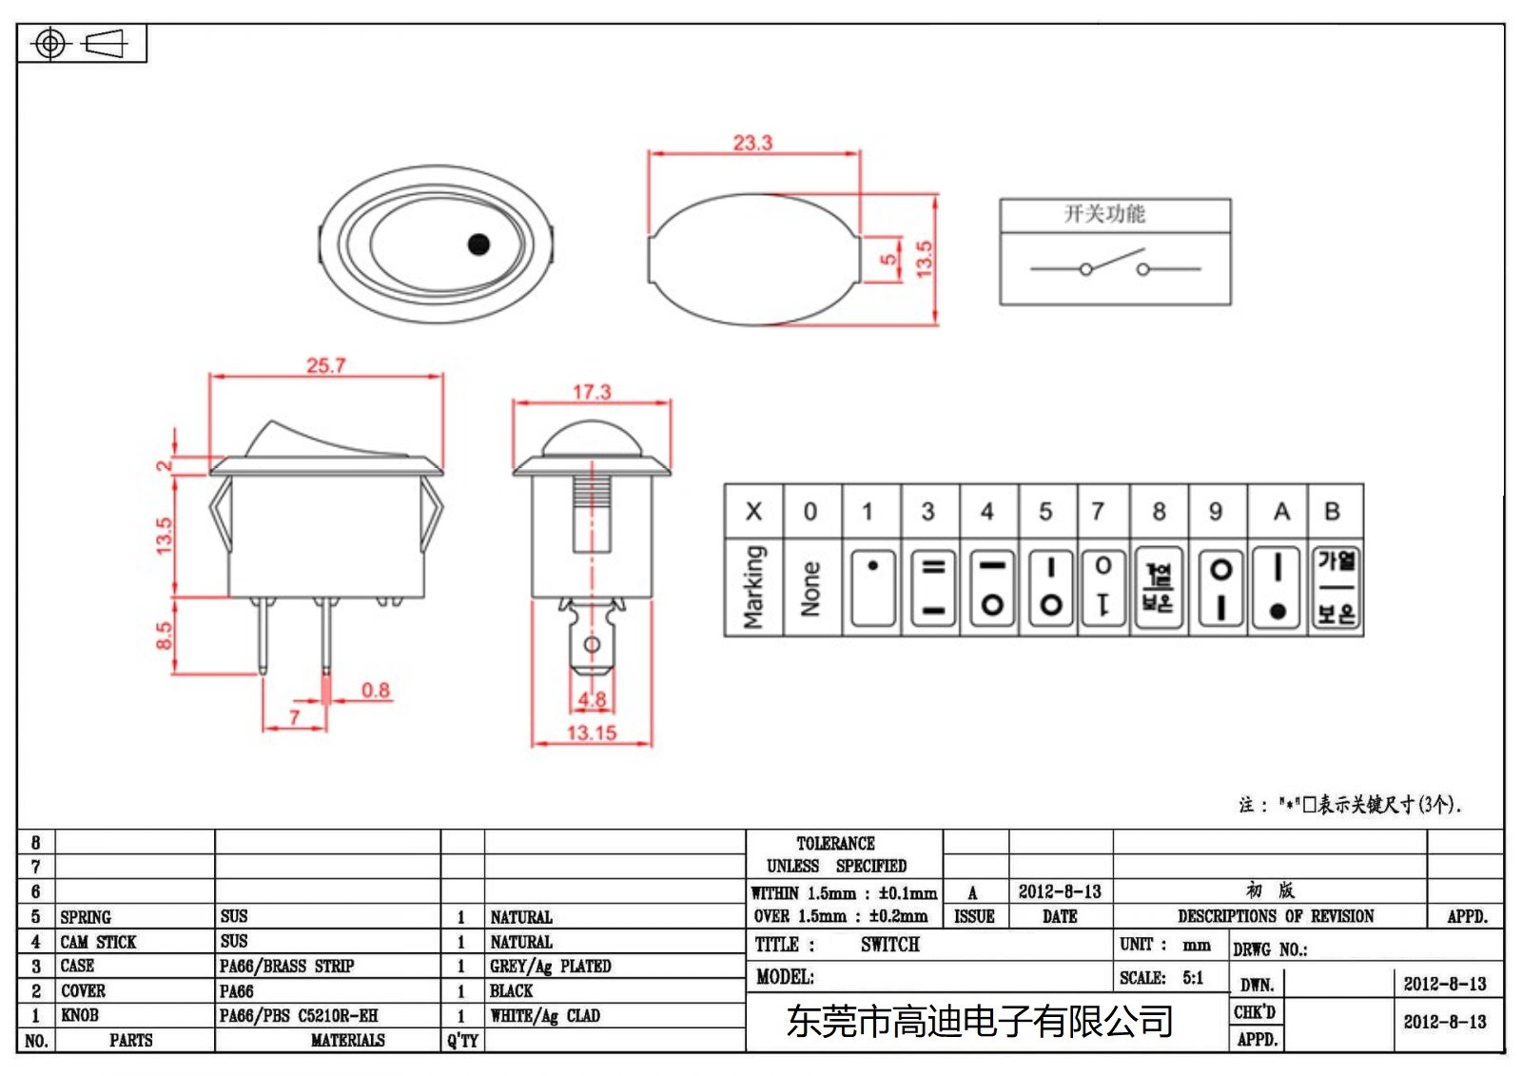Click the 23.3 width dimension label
tap(751, 143)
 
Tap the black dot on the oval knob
tap(478, 245)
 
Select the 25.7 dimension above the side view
tap(325, 365)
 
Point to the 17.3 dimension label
tap(591, 392)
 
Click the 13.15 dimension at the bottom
tap(591, 733)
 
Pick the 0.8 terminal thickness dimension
tap(375, 690)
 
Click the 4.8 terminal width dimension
tap(592, 699)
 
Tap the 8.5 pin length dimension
tap(164, 636)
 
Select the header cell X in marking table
tap(753, 512)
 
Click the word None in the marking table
tap(810, 588)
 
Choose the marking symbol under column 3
tap(933, 588)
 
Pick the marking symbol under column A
tap(1278, 588)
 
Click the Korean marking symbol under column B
tap(1336, 588)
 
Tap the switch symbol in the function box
tap(1114, 264)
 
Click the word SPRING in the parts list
tap(86, 917)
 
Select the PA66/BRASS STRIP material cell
tap(286, 967)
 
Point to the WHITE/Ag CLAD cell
tap(544, 1016)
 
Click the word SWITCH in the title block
tap(889, 945)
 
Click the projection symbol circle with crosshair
tap(50, 44)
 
